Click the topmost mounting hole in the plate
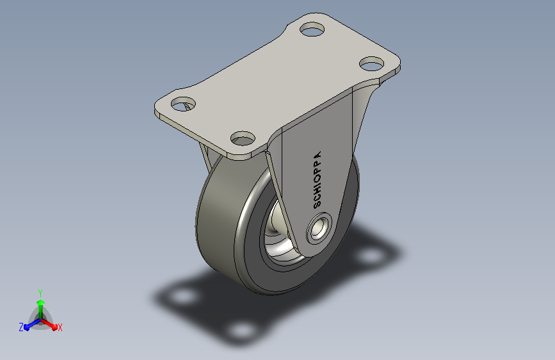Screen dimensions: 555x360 click(312, 29)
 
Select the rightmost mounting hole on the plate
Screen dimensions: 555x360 click(372, 64)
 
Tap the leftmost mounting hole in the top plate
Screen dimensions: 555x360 click(183, 104)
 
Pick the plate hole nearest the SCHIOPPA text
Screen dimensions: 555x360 click(243, 138)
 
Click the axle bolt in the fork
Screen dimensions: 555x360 click(319, 228)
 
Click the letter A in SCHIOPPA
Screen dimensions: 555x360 click(318, 155)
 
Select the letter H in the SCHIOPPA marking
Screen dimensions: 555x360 click(317, 190)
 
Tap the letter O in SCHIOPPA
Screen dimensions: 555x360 click(318, 178)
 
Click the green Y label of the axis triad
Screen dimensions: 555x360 click(40, 293)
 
